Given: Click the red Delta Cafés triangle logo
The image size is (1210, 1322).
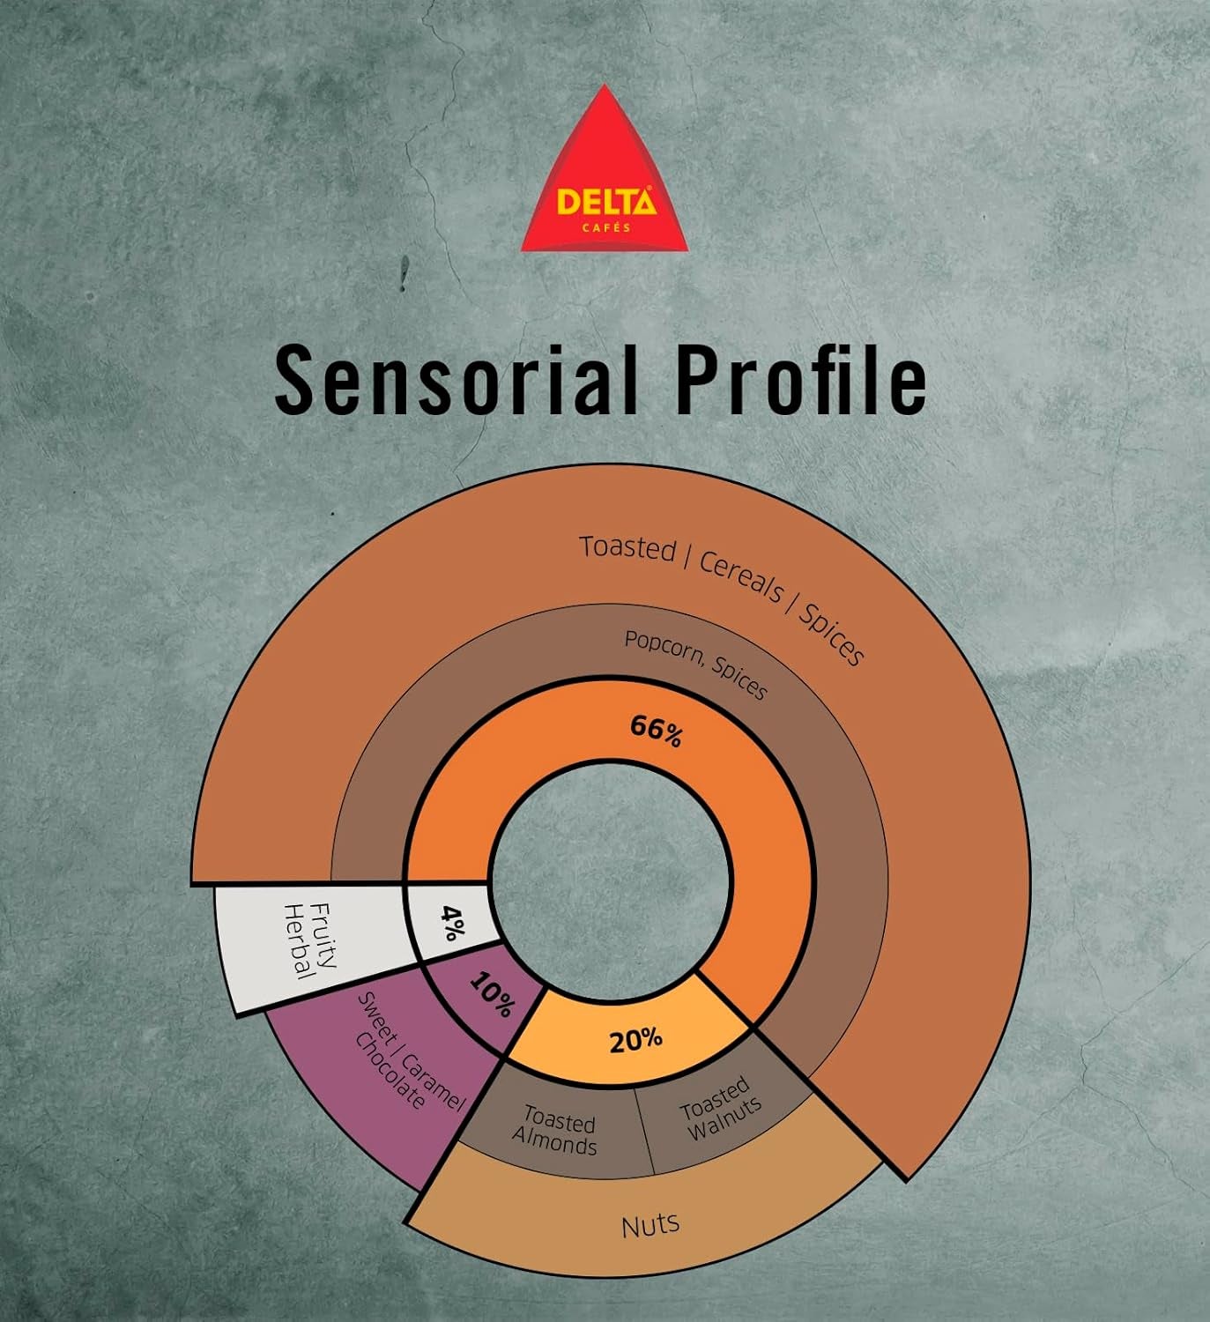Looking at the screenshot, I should [605, 176].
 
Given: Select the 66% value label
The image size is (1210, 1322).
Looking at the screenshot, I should [656, 731].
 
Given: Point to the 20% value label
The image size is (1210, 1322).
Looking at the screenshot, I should [635, 1040].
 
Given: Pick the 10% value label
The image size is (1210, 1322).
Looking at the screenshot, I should [491, 994].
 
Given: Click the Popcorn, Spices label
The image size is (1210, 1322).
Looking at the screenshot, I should [695, 663].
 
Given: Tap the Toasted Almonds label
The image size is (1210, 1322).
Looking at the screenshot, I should [556, 1132].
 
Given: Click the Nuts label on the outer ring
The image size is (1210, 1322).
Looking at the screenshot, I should [650, 1224].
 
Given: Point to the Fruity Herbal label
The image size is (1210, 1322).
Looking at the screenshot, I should [309, 941].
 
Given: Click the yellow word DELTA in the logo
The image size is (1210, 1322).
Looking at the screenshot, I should [605, 203].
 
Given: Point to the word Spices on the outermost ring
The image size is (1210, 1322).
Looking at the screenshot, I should [832, 632].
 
